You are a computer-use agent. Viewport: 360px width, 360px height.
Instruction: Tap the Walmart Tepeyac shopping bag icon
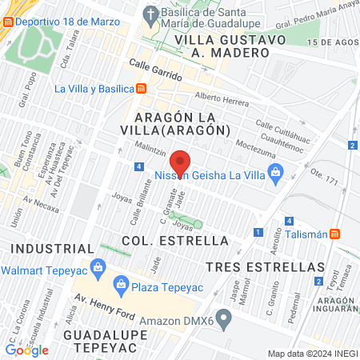pyautogui.click(x=98, y=266)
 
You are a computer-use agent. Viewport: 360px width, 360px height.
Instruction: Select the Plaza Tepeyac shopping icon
pyautogui.click(x=120, y=283)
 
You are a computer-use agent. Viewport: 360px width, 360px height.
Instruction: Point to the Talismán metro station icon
pyautogui.click(x=337, y=234)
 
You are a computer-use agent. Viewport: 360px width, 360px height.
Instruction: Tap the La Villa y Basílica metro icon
pyautogui.click(x=141, y=88)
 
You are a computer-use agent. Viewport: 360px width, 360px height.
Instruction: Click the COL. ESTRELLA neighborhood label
pyautogui.click(x=164, y=240)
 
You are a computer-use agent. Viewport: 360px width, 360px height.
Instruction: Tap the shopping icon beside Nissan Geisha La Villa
pyautogui.click(x=276, y=170)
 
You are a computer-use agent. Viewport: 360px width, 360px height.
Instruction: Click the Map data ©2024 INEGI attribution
pyautogui.click(x=311, y=354)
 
